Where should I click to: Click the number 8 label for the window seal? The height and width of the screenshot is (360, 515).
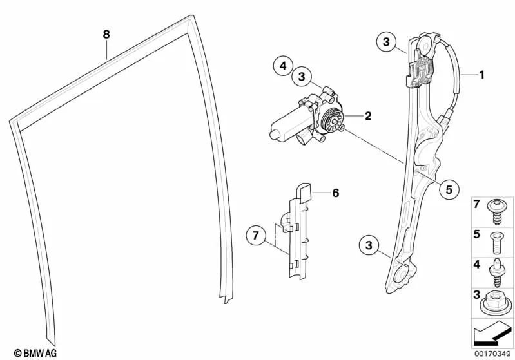(106, 34)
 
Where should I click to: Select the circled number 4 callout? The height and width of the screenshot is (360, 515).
(283, 66)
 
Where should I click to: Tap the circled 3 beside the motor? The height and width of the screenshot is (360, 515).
(302, 77)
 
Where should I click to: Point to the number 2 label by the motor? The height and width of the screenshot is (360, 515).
(368, 116)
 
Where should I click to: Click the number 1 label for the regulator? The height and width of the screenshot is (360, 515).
(481, 75)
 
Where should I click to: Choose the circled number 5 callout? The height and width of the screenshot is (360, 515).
(449, 189)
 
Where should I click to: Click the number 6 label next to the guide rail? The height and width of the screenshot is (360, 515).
(335, 193)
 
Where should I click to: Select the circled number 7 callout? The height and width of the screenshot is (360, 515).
(256, 235)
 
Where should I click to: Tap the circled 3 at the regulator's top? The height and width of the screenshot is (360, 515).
(386, 42)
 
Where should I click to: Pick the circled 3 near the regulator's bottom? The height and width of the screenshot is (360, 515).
(369, 245)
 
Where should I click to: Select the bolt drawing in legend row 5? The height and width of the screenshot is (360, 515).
(496, 243)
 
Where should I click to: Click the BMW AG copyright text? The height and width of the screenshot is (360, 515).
(35, 353)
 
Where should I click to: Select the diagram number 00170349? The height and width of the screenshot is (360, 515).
(492, 354)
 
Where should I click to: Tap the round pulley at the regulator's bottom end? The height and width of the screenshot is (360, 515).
(402, 272)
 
